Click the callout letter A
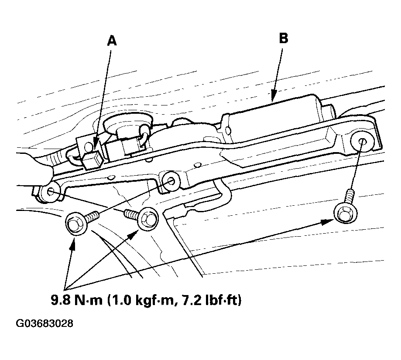click(112, 41)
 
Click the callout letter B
click(284, 38)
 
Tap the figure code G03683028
click(45, 323)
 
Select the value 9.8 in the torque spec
click(61, 300)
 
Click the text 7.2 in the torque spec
click(192, 300)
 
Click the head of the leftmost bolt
click(77, 224)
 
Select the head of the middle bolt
click(148, 219)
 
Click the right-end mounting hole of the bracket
click(362, 142)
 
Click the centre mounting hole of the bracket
click(171, 181)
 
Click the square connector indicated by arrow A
click(93, 160)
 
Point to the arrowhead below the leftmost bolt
click(72, 243)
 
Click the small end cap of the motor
click(329, 112)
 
